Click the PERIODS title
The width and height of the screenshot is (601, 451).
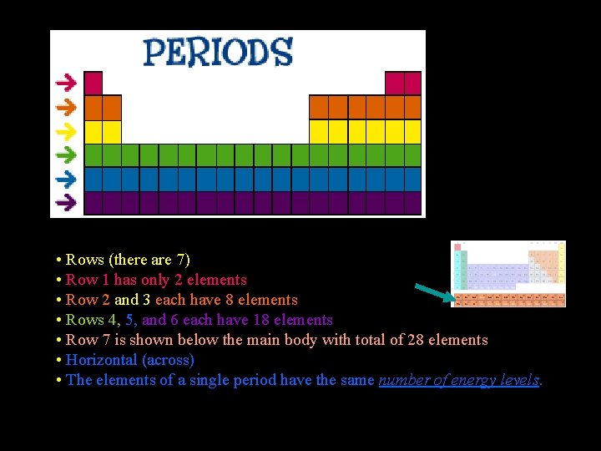tap(218, 52)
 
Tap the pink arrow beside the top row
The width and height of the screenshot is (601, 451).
tap(66, 83)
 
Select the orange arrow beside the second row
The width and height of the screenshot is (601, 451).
tap(66, 107)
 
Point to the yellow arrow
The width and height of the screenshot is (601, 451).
tap(66, 131)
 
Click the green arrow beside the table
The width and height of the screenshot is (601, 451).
tap(66, 155)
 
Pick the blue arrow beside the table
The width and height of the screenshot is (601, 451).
tap(66, 178)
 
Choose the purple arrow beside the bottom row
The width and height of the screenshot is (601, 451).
tap(66, 201)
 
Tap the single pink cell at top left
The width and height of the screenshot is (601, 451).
tap(93, 83)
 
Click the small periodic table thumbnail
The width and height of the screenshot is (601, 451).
tap(508, 274)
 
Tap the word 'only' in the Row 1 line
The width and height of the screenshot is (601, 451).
tap(156, 280)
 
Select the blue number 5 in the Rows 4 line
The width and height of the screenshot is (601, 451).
tap(129, 320)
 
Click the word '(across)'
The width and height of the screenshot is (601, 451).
tap(168, 360)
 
